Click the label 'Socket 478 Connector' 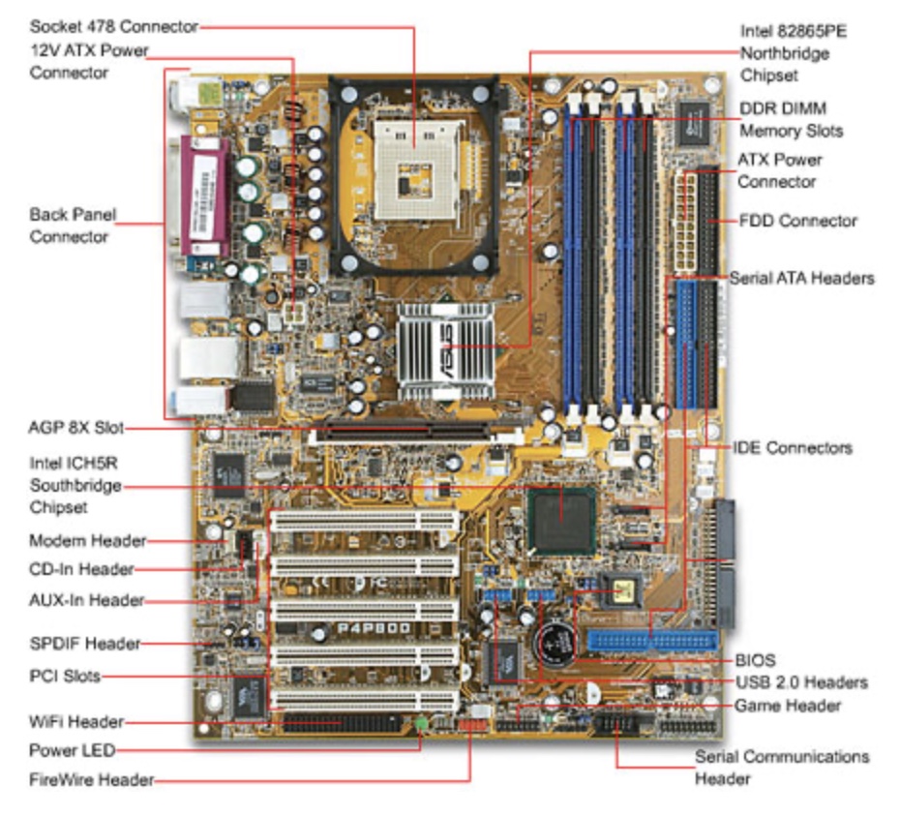click(x=114, y=26)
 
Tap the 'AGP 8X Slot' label click(x=76, y=428)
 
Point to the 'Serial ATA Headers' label click(x=801, y=278)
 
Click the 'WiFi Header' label click(x=76, y=721)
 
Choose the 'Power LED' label click(x=72, y=750)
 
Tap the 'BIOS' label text click(x=755, y=660)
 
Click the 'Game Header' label click(x=787, y=706)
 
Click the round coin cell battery click(x=558, y=639)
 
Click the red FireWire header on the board click(x=470, y=725)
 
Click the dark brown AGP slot click(x=398, y=428)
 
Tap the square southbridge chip click(x=562, y=520)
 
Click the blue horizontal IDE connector click(x=650, y=640)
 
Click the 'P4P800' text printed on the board click(x=373, y=627)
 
